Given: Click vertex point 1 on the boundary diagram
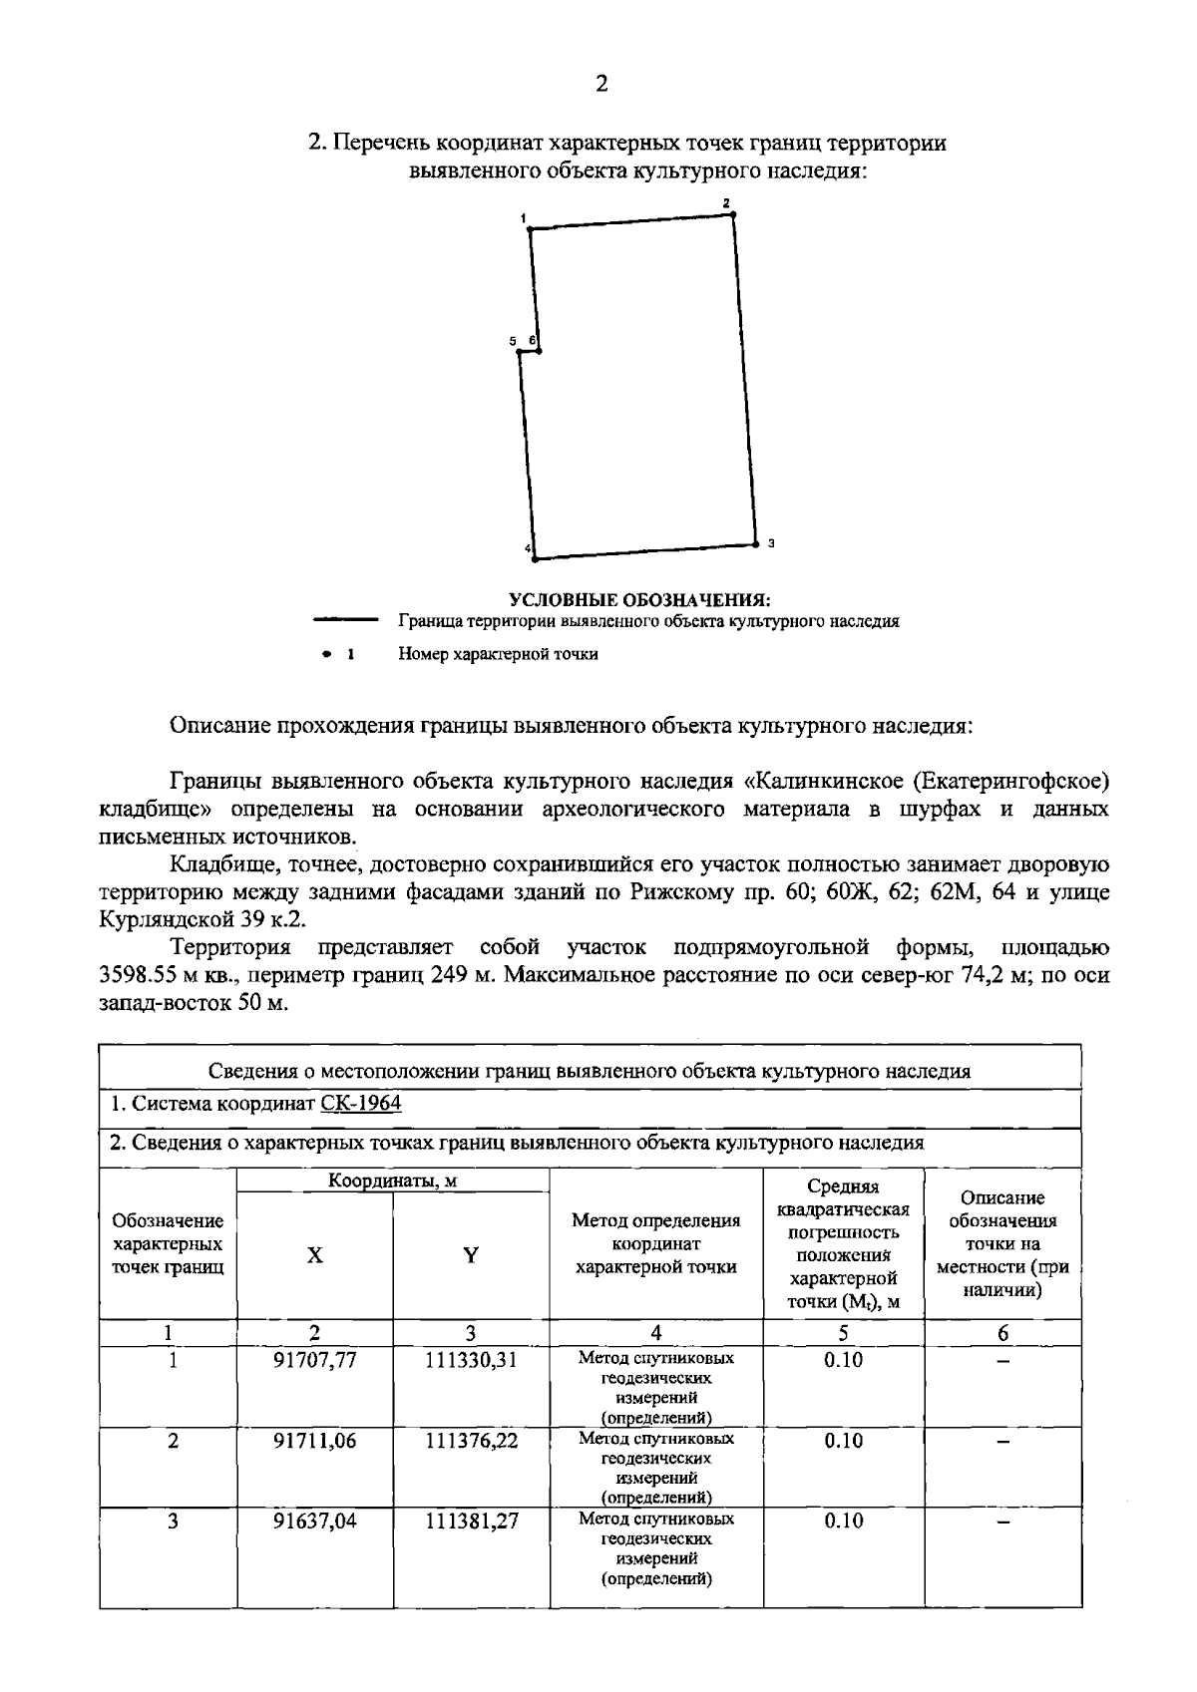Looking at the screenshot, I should (530, 229).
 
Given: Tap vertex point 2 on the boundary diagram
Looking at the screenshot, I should (733, 213).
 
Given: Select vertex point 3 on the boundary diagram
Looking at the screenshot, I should (756, 543).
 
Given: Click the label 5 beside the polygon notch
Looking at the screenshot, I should (513, 341).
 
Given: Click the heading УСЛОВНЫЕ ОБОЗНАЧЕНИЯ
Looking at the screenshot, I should (640, 600).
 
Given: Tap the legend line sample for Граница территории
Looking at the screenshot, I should (345, 620).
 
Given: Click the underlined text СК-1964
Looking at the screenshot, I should (361, 1104).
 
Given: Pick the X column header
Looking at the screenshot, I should (314, 1255).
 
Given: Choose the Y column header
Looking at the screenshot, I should (470, 1255).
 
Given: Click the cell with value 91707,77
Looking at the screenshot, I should (315, 1360).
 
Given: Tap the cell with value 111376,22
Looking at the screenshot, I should (471, 1441).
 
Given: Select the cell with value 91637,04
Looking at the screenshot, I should (315, 1521).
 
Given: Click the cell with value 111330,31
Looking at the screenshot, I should (471, 1360).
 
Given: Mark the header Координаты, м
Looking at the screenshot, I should (393, 1181).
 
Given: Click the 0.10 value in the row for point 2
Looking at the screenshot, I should (843, 1441).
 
